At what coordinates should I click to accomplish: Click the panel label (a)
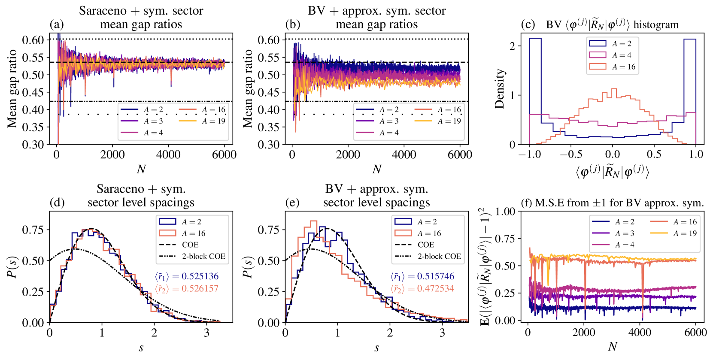click(x=57, y=24)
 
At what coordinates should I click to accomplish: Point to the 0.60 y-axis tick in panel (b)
click(x=269, y=40)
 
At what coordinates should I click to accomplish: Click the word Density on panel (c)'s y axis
click(x=499, y=89)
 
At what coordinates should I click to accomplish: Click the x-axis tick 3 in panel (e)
click(x=442, y=333)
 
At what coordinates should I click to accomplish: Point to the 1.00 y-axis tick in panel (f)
click(x=505, y=211)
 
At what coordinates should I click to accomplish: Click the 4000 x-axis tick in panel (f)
click(x=640, y=333)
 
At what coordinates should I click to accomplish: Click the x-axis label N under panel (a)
click(x=141, y=169)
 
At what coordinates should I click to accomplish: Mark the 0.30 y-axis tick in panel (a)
click(x=33, y=145)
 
